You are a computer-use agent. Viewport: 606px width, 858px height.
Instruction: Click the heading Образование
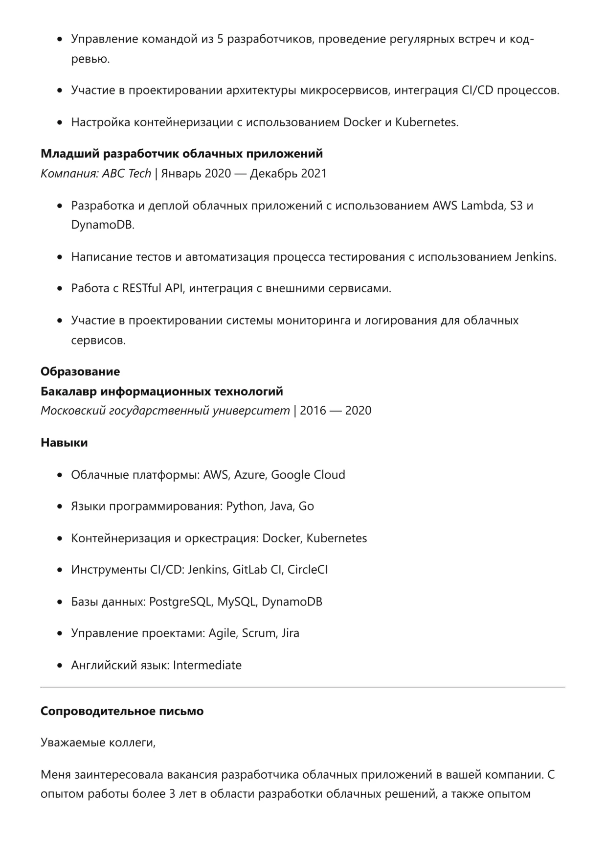(x=80, y=371)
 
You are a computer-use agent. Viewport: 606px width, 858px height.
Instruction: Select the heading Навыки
(x=64, y=442)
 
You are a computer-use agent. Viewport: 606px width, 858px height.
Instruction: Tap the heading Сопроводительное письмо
(x=122, y=711)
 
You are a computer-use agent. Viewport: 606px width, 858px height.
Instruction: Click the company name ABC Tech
(x=127, y=173)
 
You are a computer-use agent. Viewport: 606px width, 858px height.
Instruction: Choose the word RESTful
(x=141, y=288)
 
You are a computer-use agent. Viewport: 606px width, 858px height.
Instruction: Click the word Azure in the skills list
(x=249, y=475)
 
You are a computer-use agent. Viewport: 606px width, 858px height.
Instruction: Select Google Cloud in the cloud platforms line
(x=308, y=475)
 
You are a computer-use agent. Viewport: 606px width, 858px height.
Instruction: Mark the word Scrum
(x=259, y=633)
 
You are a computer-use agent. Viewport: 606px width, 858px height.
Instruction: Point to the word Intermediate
(x=207, y=665)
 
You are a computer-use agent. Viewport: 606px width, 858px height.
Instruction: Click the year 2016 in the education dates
(x=313, y=410)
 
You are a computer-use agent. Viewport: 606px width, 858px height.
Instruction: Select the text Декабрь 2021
(x=288, y=173)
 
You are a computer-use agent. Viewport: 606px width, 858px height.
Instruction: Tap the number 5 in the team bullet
(x=220, y=39)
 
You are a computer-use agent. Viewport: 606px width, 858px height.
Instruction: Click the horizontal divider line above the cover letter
(x=303, y=687)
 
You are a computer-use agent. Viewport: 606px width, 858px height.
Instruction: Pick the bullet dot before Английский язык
(x=60, y=666)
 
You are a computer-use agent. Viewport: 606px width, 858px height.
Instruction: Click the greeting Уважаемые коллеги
(x=98, y=742)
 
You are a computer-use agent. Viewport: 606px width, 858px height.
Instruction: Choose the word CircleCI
(x=308, y=570)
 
